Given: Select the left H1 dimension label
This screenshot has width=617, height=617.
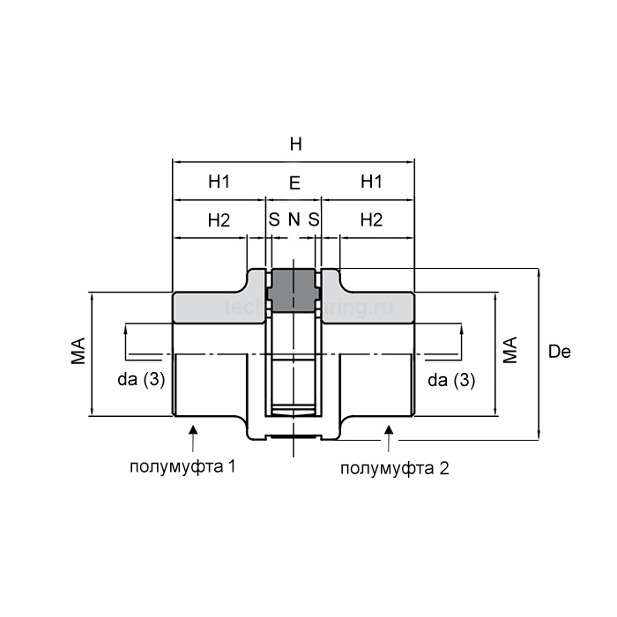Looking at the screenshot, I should click(219, 182).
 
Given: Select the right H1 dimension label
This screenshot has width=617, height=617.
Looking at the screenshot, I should click(371, 182).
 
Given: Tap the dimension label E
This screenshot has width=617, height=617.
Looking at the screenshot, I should click(294, 183).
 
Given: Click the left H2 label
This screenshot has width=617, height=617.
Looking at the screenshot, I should click(219, 220).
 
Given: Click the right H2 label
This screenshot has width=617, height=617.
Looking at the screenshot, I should click(371, 220).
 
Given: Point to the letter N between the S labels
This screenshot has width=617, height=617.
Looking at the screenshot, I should click(294, 220).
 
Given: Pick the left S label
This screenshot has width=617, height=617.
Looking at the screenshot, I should click(274, 220).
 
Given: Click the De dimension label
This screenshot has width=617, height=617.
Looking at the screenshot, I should click(559, 353).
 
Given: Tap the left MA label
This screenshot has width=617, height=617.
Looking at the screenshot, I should click(78, 350).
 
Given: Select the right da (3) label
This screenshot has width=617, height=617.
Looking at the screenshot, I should click(450, 380).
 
